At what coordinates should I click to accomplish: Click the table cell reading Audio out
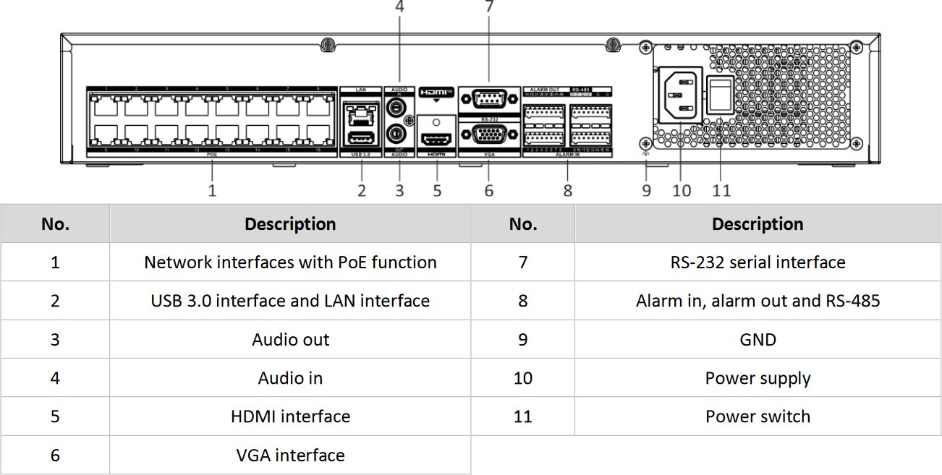(290, 340)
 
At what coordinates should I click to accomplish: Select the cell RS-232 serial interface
(758, 262)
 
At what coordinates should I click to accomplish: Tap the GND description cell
(758, 340)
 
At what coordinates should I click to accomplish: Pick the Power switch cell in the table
(758, 417)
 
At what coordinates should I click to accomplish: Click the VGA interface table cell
(290, 455)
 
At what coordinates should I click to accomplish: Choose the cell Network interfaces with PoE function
(290, 262)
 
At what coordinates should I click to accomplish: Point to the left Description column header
(290, 224)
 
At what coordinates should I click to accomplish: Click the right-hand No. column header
(522, 224)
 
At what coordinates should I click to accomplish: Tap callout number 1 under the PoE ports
(212, 191)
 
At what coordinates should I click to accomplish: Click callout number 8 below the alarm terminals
(568, 191)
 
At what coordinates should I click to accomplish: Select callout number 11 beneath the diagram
(721, 191)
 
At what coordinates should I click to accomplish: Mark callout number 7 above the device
(489, 7)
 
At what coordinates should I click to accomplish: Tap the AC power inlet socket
(681, 95)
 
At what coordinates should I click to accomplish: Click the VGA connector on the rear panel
(488, 134)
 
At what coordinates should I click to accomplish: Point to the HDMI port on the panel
(437, 139)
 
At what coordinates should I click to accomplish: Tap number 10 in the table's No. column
(522, 378)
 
